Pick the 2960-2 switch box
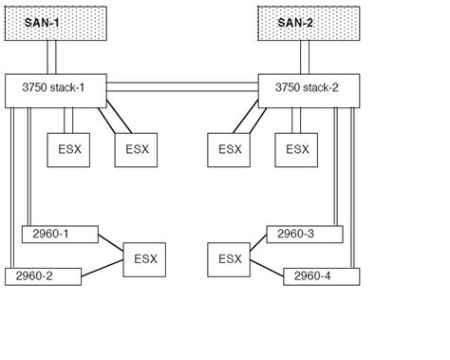click(x=43, y=275)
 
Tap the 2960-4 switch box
click(x=320, y=275)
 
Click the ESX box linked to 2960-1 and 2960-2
click(x=144, y=258)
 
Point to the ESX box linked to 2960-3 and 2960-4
click(x=228, y=258)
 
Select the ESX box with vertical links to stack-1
click(x=68, y=149)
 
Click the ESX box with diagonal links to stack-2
click(x=230, y=149)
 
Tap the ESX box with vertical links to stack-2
click(x=297, y=149)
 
